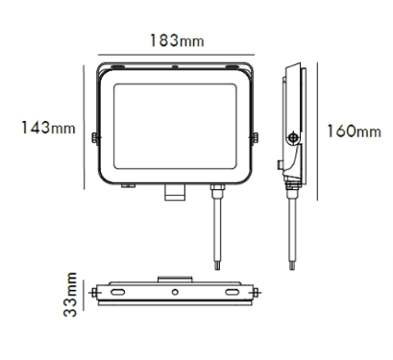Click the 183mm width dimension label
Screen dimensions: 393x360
click(x=177, y=40)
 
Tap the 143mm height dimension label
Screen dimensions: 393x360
click(x=48, y=128)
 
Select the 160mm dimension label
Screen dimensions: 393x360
click(x=354, y=132)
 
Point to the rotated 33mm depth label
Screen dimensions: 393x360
click(x=70, y=295)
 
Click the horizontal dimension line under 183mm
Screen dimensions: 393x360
click(x=176, y=55)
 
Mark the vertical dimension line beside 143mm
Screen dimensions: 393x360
click(x=84, y=128)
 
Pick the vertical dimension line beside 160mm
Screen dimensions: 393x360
click(x=317, y=132)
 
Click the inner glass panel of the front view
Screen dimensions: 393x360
click(x=175, y=127)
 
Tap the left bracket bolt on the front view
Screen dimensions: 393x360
click(x=95, y=138)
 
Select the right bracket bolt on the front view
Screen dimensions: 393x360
click(x=255, y=138)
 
